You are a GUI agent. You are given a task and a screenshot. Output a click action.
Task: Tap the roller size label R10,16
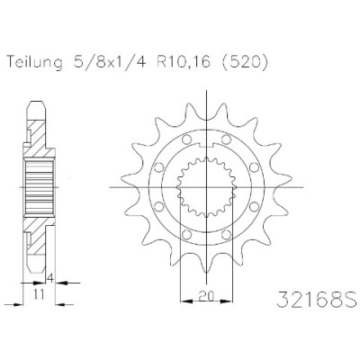coord(183,62)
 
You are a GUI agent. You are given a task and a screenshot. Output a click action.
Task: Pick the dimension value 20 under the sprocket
coord(206,296)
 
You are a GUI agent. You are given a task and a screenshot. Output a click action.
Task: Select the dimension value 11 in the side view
coord(40,294)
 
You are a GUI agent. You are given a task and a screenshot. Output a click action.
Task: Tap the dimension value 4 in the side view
coord(50,279)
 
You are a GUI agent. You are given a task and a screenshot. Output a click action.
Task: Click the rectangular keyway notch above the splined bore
coord(206,145)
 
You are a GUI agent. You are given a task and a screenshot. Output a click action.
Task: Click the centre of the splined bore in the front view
coord(206,188)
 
